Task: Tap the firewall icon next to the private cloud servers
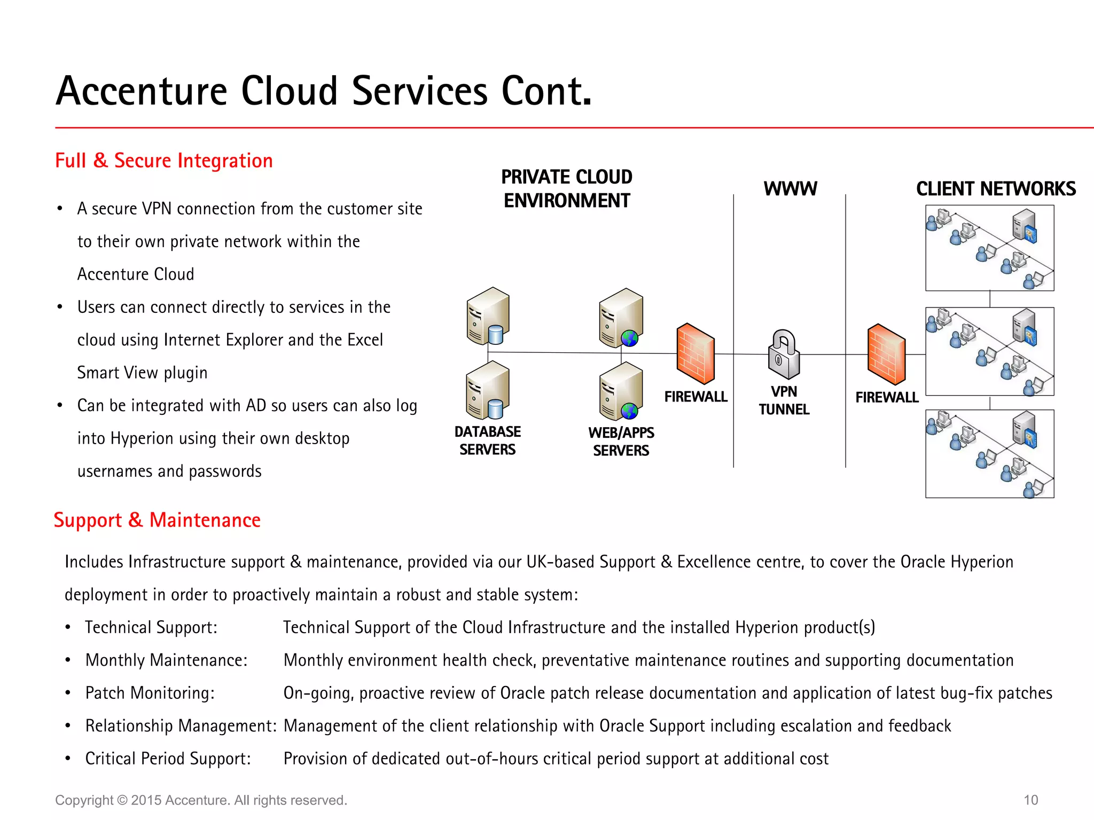(696, 353)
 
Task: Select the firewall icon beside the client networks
(887, 354)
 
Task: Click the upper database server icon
(488, 316)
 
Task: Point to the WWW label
(790, 189)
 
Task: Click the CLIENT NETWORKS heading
(996, 189)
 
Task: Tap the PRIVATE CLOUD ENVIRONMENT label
(566, 188)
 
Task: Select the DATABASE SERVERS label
(487, 440)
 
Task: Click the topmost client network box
(989, 248)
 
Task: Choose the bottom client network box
(989, 454)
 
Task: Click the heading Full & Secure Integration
(164, 161)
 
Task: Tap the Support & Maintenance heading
(157, 520)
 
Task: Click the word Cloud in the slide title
(289, 91)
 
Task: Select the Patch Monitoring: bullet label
(150, 693)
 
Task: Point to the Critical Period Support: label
(168, 759)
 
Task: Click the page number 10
(1030, 800)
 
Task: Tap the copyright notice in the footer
(201, 800)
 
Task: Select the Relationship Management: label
(181, 726)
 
